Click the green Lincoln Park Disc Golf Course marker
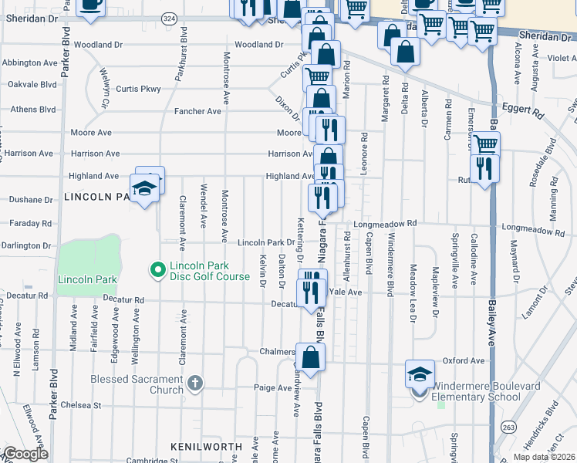click(158, 269)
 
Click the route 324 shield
click(170, 18)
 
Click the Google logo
click(25, 454)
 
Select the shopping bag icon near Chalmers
click(310, 357)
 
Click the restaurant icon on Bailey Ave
click(484, 167)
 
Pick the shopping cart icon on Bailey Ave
click(485, 144)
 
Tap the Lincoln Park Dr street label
click(265, 242)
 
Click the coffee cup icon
click(90, 5)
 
